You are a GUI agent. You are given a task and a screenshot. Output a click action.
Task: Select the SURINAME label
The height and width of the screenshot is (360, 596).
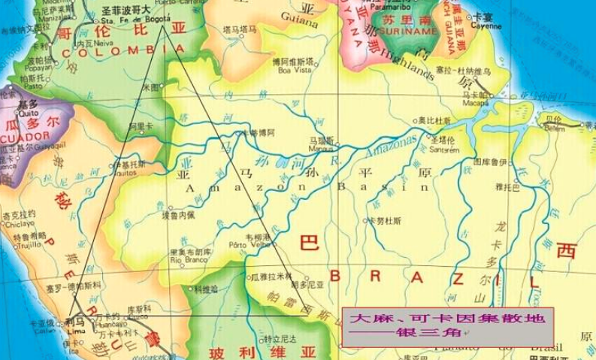[x=409, y=32]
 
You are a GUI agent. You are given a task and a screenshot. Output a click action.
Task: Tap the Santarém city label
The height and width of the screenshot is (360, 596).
[x=443, y=150]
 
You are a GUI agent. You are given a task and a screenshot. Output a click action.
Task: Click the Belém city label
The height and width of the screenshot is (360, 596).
[x=554, y=129]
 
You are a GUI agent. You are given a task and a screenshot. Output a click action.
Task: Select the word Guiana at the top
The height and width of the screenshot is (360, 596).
[x=300, y=23]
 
